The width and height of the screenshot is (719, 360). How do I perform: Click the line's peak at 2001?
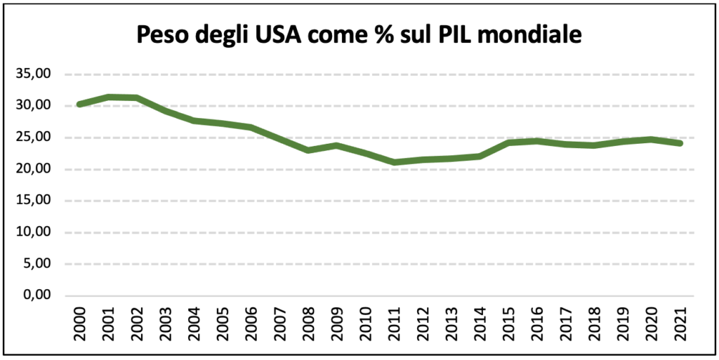tap(108, 97)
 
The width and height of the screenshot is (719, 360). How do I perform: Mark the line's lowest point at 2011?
tap(394, 162)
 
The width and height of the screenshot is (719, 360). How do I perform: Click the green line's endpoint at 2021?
tap(679, 143)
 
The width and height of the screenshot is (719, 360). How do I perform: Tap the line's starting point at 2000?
tap(80, 104)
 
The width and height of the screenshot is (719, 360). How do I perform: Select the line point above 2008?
tap(308, 150)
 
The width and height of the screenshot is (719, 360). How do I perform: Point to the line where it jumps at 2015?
tap(508, 142)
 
